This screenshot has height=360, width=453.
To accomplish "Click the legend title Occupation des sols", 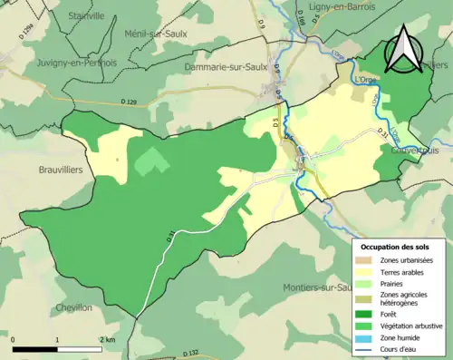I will point(395,247).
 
